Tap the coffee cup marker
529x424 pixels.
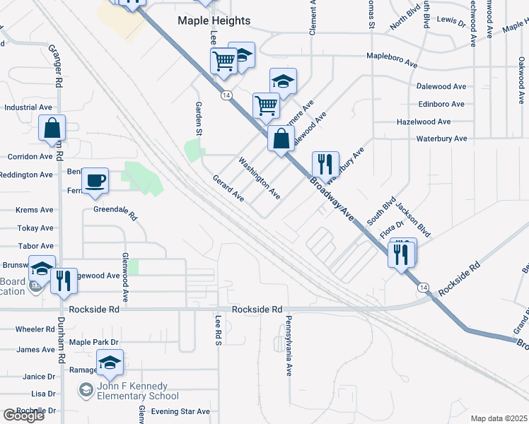pyautogui.click(x=95, y=181)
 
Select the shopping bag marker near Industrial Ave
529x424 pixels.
pyautogui.click(x=52, y=129)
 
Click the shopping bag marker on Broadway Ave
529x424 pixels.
pyautogui.click(x=281, y=139)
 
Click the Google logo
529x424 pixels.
pyautogui.click(x=23, y=416)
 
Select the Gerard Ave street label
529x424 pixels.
pyautogui.click(x=228, y=189)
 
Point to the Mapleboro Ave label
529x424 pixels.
pyautogui.click(x=392, y=59)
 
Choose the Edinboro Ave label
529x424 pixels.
pyautogui.click(x=441, y=104)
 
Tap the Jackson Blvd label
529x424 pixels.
pyautogui.click(x=414, y=220)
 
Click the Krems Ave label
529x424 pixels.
pyautogui.click(x=35, y=211)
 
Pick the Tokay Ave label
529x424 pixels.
pyautogui.click(x=36, y=228)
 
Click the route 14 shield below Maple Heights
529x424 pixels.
pyautogui.click(x=226, y=95)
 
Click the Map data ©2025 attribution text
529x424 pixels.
pyautogui.click(x=499, y=418)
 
